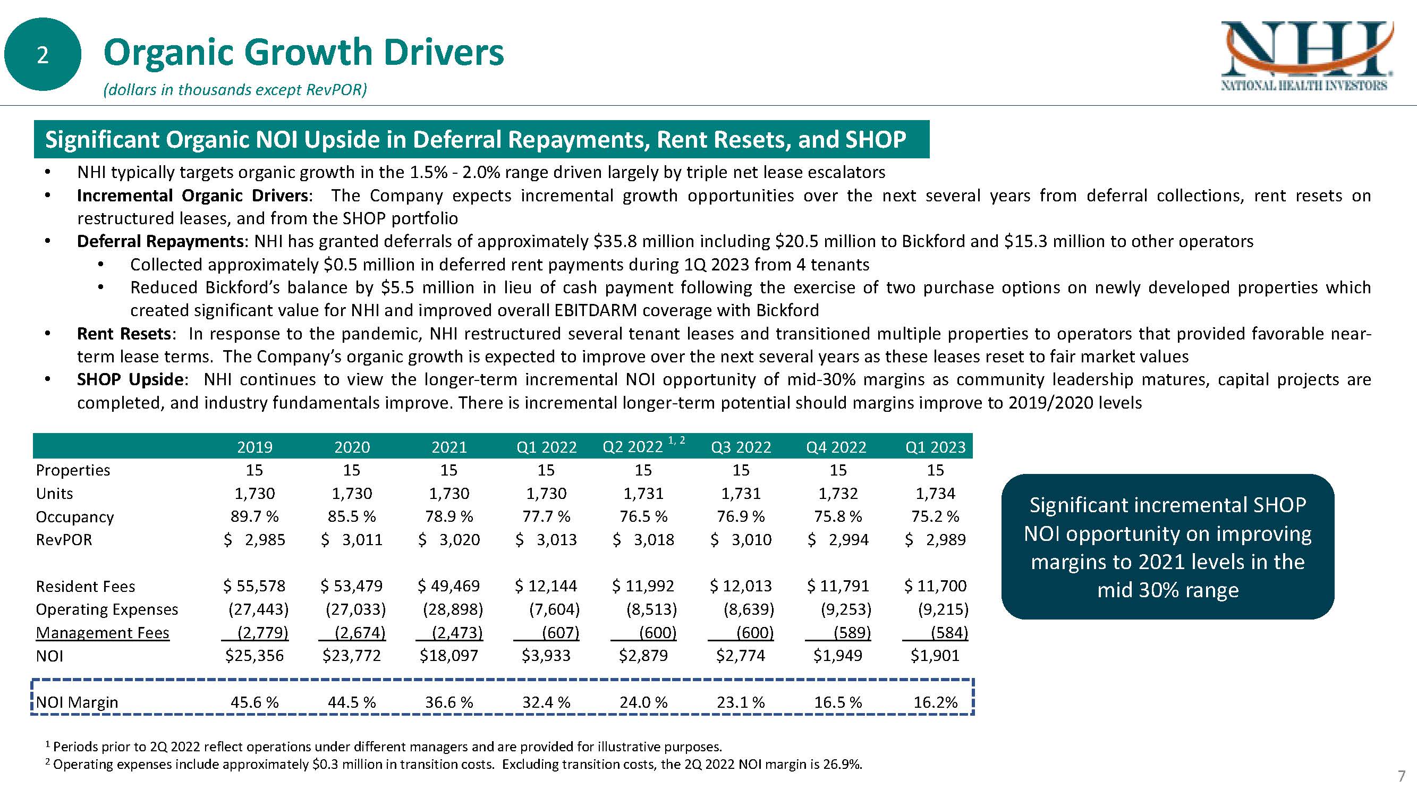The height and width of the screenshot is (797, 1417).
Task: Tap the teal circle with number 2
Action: (x=43, y=54)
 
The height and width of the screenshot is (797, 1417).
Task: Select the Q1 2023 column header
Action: (x=935, y=447)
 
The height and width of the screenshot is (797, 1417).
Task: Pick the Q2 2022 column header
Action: (x=633, y=447)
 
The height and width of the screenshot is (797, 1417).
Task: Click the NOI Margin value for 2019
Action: (x=254, y=702)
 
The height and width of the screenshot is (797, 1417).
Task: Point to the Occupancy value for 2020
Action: (x=352, y=516)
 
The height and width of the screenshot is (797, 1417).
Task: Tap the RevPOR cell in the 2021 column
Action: (x=449, y=540)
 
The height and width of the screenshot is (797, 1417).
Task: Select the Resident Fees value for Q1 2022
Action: (x=546, y=586)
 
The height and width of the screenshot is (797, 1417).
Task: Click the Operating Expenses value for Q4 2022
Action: (x=845, y=609)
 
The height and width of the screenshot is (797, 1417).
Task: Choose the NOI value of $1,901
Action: (x=935, y=656)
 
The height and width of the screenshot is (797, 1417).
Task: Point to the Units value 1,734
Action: (x=935, y=494)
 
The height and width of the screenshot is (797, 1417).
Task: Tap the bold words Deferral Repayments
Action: (x=160, y=241)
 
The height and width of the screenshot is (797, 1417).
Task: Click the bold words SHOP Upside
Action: (x=130, y=379)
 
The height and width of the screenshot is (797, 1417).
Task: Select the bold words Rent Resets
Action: (x=124, y=334)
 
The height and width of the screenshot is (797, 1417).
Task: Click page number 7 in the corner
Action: (x=1402, y=776)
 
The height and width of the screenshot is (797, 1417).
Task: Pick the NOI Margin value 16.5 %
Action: (x=838, y=702)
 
